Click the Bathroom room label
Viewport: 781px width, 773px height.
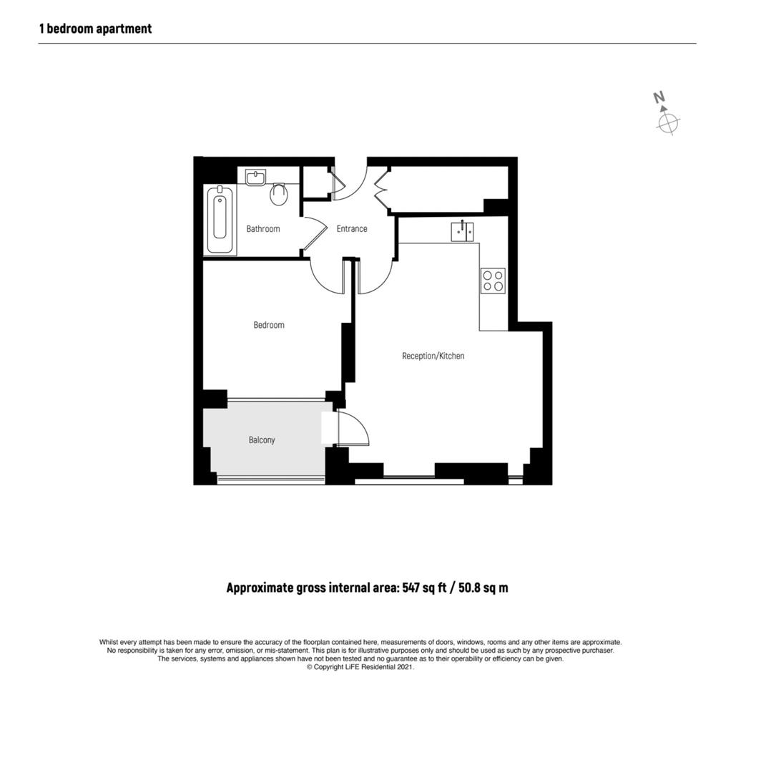[262, 229]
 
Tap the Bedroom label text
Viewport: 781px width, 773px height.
[269, 325]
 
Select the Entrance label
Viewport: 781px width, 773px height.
[352, 229]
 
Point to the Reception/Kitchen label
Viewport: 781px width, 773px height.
[433, 356]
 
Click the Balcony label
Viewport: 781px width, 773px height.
[262, 440]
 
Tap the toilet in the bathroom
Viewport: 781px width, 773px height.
[279, 193]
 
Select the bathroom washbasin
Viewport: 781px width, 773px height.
[255, 177]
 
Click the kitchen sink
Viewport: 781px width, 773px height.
[462, 231]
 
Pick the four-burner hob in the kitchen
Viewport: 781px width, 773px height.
[493, 279]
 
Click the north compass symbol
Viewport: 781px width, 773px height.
[667, 122]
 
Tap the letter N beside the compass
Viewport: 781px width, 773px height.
[659, 98]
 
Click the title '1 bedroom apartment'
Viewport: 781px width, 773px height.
[95, 29]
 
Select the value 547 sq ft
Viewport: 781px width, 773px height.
[424, 588]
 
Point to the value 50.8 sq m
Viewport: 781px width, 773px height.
[483, 588]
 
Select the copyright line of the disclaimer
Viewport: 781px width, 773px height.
[360, 667]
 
